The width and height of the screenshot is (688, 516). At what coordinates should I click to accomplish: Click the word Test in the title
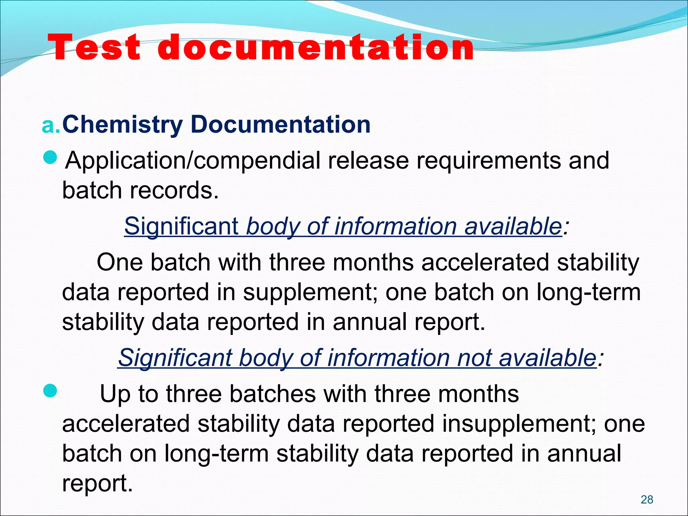point(94,48)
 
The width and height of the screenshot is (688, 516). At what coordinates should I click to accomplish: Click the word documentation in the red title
point(316,48)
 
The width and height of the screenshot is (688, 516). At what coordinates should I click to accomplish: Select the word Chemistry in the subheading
point(123,125)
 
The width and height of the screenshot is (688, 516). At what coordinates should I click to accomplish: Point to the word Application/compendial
point(193,161)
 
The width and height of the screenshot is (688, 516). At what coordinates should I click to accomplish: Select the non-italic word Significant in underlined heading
point(181,226)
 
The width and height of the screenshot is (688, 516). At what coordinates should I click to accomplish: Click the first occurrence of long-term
point(588,292)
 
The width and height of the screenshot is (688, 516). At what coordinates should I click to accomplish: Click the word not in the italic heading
point(474,357)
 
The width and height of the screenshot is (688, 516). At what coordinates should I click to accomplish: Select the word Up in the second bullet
point(115,394)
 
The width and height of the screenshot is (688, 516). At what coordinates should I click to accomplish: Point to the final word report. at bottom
point(97,484)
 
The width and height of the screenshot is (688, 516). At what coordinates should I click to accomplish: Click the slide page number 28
point(647,500)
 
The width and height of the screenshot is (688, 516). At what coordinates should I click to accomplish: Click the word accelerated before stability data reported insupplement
point(126,424)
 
